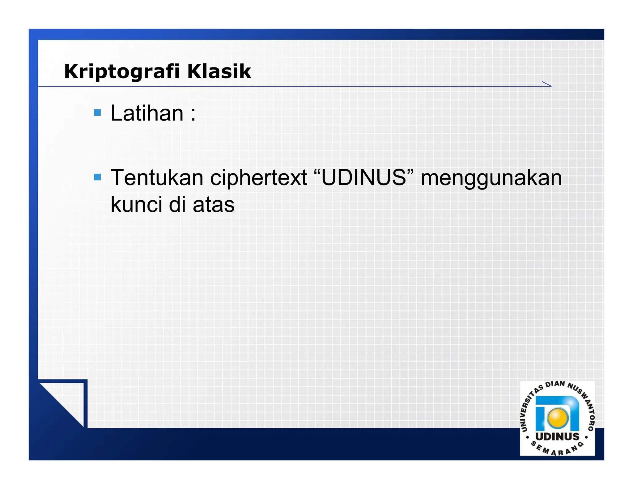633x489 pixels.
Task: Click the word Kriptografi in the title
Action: pos(122,72)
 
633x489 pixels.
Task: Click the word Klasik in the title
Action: pos(219,71)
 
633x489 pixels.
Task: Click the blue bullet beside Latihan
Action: pos(97,113)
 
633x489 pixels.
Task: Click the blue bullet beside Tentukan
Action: pos(97,177)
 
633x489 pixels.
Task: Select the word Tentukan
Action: pos(157,178)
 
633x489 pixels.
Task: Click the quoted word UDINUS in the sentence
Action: pos(363,178)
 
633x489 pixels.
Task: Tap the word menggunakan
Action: pos(491,178)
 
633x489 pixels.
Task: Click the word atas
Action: pos(214,205)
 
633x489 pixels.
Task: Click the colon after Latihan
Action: pos(193,114)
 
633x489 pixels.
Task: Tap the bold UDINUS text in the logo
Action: pos(557,436)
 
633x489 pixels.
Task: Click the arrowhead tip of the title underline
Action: pos(551,86)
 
